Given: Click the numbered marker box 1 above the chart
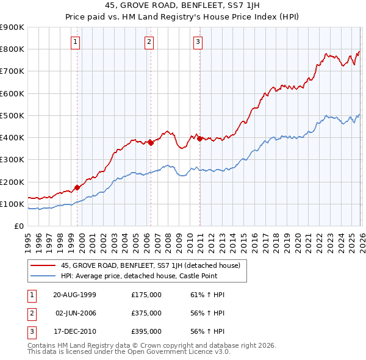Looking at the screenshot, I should [75, 42].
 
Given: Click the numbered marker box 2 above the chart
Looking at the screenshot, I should [149, 42].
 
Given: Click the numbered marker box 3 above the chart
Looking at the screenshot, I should [198, 42].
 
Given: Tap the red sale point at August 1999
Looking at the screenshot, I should [77, 187].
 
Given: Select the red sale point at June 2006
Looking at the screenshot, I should [150, 143].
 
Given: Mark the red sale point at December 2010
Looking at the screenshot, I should [199, 139].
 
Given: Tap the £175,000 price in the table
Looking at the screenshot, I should [146, 294].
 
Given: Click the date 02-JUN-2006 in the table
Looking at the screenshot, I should [74, 312].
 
